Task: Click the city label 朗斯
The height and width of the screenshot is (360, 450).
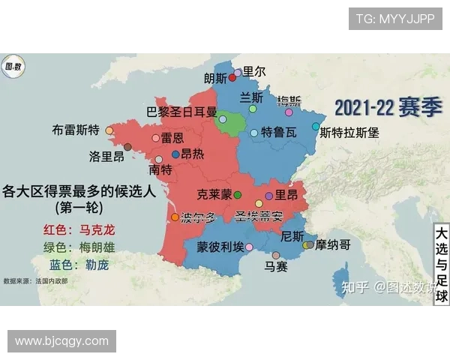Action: click(215, 78)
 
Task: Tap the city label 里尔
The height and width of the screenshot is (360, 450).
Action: click(254, 71)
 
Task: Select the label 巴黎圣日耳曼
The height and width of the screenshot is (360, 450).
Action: click(181, 113)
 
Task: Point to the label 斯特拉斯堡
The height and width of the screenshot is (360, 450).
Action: click(349, 133)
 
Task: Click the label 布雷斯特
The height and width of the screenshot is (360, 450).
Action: click(76, 129)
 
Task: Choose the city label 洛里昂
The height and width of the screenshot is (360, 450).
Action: click(106, 157)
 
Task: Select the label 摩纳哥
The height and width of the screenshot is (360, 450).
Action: click(333, 244)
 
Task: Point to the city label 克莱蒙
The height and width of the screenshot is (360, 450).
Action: click(214, 194)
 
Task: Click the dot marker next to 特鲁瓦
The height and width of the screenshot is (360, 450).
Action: click(254, 133)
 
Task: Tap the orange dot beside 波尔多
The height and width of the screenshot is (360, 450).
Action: click(175, 217)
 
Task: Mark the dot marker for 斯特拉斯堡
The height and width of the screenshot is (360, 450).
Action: click(316, 127)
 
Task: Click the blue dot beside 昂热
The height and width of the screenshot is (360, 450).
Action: click(175, 154)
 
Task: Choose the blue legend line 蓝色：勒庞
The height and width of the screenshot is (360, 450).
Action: click(79, 265)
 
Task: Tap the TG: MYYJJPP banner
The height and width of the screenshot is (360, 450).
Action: click(394, 19)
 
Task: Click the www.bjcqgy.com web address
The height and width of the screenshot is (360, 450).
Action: click(61, 341)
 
